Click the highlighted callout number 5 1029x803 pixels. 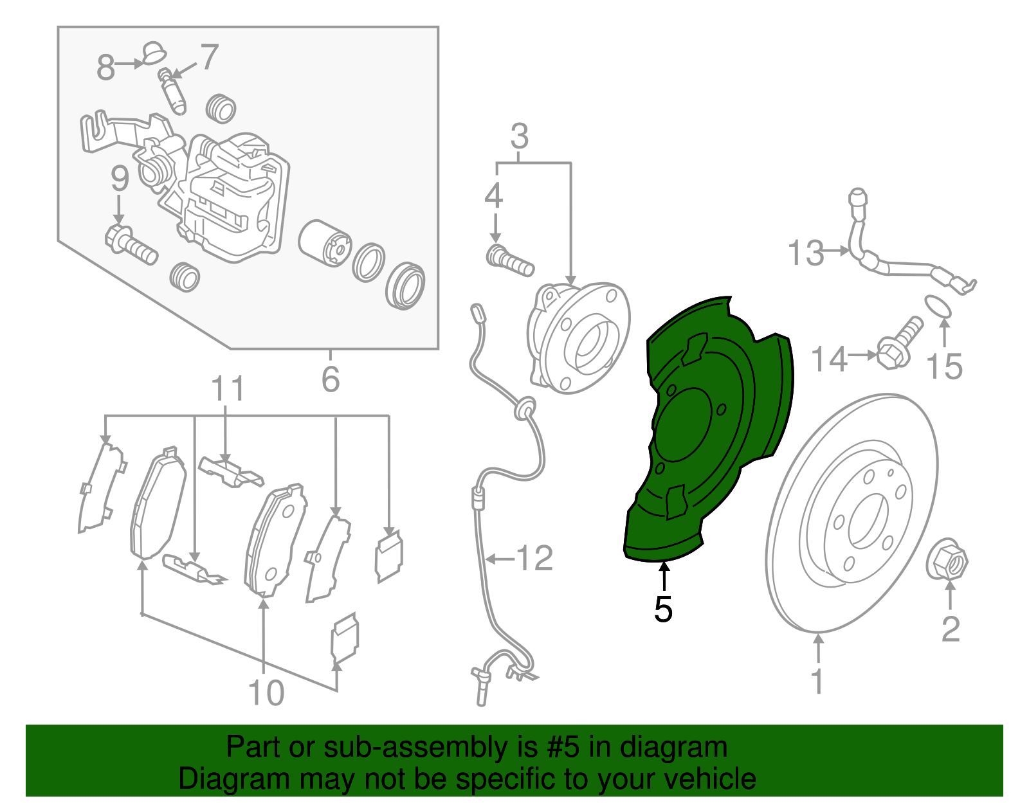(663, 609)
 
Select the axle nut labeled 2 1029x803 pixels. (947, 561)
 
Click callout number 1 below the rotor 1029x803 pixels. (817, 681)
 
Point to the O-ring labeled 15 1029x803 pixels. (938, 307)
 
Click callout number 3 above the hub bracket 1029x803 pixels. (520, 136)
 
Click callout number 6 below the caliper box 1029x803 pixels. (331, 379)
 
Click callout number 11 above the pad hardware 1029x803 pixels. (228, 388)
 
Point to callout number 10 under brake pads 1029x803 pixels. (266, 693)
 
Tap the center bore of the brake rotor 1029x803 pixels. (868, 522)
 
